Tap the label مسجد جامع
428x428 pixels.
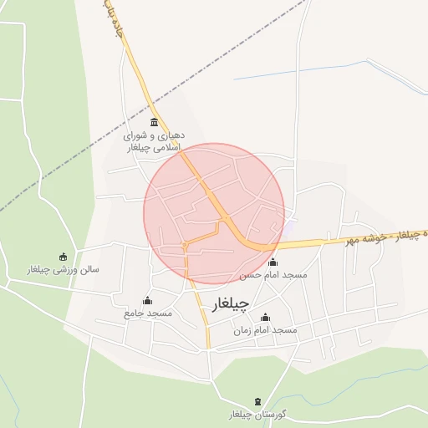click(148, 313)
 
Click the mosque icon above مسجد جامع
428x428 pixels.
click(148, 301)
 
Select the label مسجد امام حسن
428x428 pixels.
click(273, 274)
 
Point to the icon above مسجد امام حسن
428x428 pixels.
click(273, 262)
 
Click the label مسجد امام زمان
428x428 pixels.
click(266, 330)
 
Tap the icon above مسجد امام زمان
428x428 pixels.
click(266, 318)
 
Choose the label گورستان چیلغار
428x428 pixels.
click(257, 415)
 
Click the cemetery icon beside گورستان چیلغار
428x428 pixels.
click(257, 402)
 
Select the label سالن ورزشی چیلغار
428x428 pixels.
click(64, 270)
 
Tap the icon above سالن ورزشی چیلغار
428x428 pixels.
click(64, 257)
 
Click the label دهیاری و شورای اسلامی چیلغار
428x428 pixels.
click(154, 140)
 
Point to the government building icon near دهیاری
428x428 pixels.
click(155, 122)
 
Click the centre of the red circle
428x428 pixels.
click(214, 213)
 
